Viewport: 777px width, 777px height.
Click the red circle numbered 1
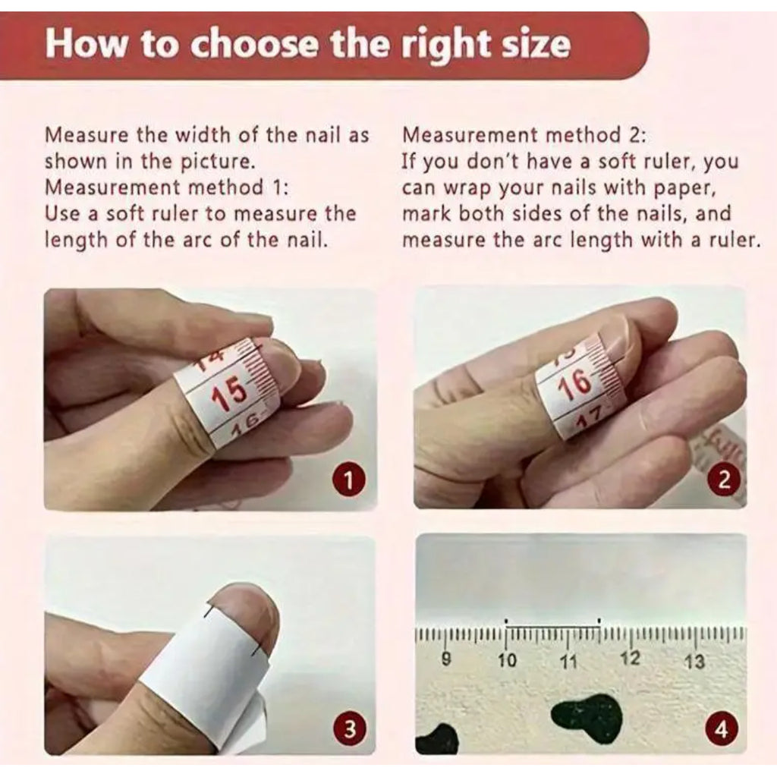(x=348, y=480)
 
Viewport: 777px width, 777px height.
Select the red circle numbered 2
(x=724, y=480)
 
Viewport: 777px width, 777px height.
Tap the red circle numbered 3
(x=349, y=729)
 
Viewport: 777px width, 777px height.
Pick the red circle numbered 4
(x=722, y=730)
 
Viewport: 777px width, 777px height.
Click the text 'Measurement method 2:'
(x=524, y=135)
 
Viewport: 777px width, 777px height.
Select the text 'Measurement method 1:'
(x=166, y=187)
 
